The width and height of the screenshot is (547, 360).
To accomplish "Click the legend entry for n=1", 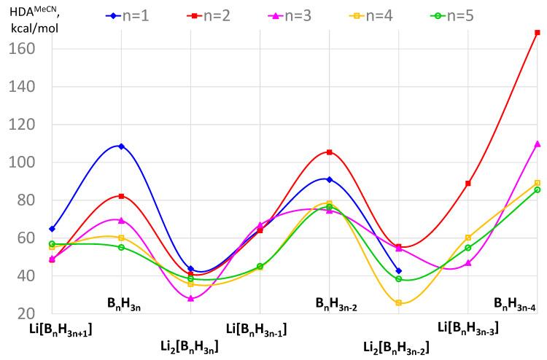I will click(x=128, y=15).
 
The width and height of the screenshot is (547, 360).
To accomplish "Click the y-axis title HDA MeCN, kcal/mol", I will click(x=34, y=21).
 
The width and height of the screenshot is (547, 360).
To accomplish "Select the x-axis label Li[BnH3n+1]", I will click(x=60, y=329).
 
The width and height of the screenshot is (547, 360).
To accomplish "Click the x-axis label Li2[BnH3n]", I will click(x=189, y=346).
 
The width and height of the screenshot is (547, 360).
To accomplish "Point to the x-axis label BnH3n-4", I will click(x=515, y=307).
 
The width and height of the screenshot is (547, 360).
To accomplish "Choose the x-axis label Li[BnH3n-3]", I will click(x=468, y=329).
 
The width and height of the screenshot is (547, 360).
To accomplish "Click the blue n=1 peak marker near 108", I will click(x=121, y=146).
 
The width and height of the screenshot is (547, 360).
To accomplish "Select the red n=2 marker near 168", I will click(x=538, y=33).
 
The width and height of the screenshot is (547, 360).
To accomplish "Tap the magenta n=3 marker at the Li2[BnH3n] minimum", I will click(x=191, y=298).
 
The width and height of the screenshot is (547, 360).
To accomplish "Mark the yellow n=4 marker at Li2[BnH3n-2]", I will click(x=398, y=302).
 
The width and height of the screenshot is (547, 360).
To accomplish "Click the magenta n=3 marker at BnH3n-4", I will click(x=538, y=144).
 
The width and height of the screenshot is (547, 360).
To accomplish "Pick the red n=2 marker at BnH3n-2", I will click(x=330, y=152).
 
